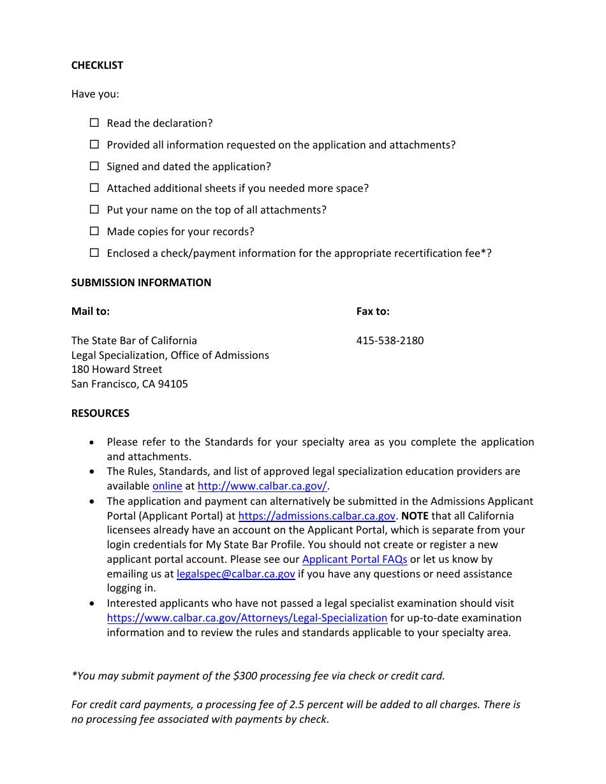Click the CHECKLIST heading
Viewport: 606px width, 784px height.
(97, 65)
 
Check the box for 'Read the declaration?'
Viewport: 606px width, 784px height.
(94, 122)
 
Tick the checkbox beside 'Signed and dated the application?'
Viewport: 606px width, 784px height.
(94, 166)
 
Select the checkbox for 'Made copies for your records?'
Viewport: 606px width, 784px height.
(94, 231)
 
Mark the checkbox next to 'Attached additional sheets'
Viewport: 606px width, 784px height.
(94, 187)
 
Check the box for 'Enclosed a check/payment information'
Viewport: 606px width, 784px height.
(94, 252)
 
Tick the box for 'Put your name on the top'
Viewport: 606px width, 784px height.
(94, 209)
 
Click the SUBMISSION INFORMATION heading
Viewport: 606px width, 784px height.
(141, 282)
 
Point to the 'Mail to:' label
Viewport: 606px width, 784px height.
(91, 311)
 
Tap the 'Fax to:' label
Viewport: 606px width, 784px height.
(373, 311)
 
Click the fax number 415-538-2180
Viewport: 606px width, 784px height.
(390, 340)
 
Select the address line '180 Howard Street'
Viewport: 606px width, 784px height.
(117, 369)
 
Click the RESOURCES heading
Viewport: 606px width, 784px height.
(100, 413)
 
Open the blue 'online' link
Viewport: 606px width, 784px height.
(167, 486)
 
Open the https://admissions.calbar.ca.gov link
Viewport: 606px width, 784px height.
(316, 516)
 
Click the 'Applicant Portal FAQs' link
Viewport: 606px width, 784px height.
(354, 559)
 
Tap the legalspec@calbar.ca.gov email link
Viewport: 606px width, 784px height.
(235, 574)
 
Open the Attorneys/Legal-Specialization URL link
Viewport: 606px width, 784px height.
(247, 618)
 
